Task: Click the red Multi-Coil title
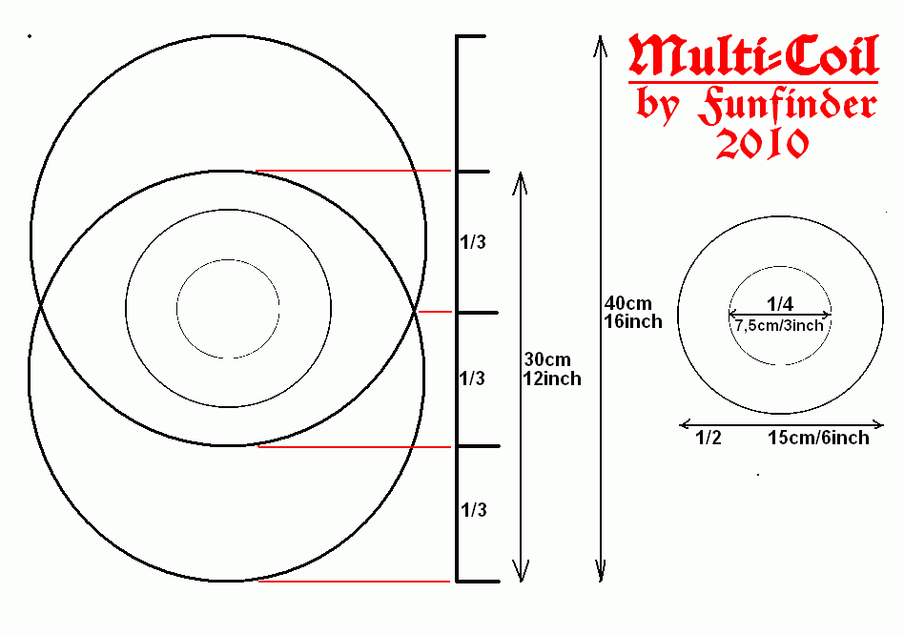[x=753, y=55]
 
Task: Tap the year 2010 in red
[x=762, y=144]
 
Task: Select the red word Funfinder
[x=788, y=106]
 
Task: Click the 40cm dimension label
[x=627, y=303]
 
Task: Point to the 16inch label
[x=633, y=321]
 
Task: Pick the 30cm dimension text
[x=547, y=359]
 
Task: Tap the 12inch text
[x=552, y=378]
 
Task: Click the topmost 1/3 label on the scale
[x=473, y=242]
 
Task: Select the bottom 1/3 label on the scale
[x=473, y=509]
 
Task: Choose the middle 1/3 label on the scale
[x=472, y=378]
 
